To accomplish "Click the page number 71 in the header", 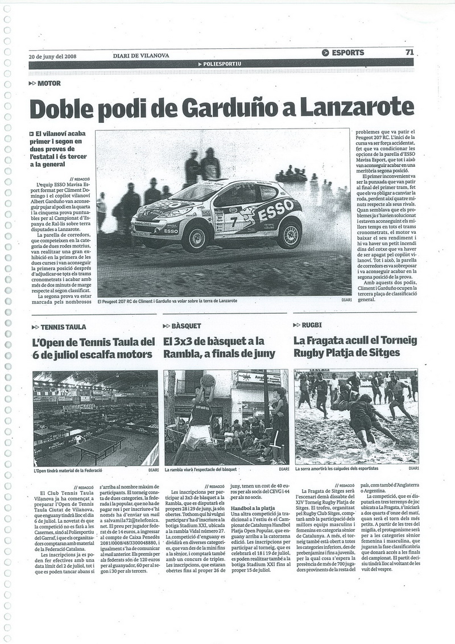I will [409, 52].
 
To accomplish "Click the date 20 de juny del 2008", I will [52, 56].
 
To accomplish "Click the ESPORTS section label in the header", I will [347, 53].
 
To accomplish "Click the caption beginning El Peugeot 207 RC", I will [167, 301].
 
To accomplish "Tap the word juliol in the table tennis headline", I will [78, 354].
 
